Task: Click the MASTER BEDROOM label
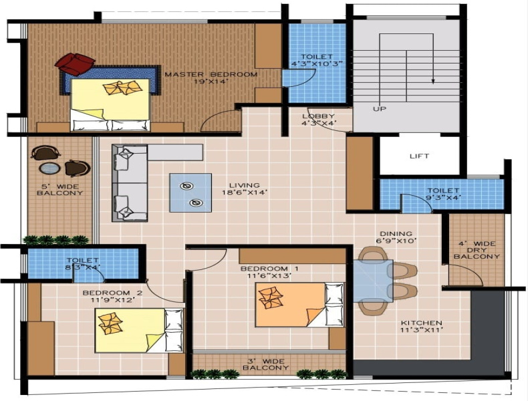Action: (211, 74)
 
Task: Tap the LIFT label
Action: (419, 156)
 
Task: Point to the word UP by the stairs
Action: (380, 109)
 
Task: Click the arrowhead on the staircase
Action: (433, 81)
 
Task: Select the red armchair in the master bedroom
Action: (75, 63)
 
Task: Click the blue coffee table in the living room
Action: (190, 192)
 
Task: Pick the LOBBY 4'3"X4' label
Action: (319, 120)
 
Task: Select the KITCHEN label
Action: (421, 323)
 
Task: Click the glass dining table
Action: (373, 281)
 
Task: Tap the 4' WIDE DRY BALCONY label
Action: (477, 250)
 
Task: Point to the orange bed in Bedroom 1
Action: (299, 305)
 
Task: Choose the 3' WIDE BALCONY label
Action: (266, 364)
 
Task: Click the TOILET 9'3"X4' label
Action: (443, 194)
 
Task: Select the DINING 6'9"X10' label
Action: (396, 237)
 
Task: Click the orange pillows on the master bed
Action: (122, 88)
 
